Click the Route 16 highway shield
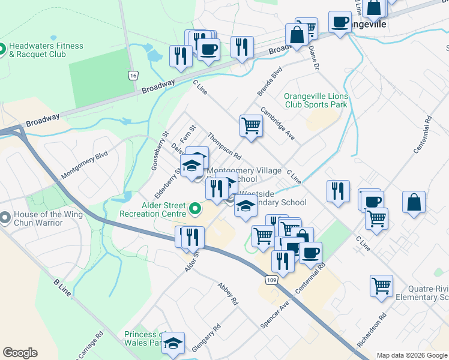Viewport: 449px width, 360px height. click(x=133, y=75)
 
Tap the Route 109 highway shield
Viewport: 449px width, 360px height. click(x=272, y=280)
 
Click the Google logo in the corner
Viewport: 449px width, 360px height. click(x=20, y=353)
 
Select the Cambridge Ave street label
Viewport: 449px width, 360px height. click(x=277, y=124)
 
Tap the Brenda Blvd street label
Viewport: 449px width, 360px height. click(x=270, y=82)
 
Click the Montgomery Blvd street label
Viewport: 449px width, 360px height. click(x=84, y=164)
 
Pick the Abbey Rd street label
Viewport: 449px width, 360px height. click(x=229, y=294)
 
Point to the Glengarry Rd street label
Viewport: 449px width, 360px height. click(x=207, y=337)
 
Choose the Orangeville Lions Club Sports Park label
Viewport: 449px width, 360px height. click(x=316, y=100)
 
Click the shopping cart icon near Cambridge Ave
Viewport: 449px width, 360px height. click(x=251, y=126)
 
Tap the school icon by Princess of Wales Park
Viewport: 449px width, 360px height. click(x=173, y=343)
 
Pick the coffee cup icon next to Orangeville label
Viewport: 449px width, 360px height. click(x=340, y=22)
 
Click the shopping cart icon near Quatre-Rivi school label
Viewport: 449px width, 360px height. click(x=382, y=286)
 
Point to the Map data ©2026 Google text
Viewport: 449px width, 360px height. click(x=411, y=355)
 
